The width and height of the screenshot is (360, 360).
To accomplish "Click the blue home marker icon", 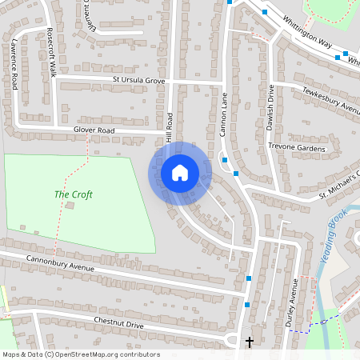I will tap(180, 173).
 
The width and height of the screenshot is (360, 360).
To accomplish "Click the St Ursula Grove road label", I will tap(138, 81).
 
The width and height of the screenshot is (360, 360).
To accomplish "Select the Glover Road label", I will tap(94, 130).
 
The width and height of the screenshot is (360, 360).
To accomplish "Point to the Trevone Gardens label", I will tap(297, 148).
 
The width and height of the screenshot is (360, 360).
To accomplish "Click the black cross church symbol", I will tap(249, 342).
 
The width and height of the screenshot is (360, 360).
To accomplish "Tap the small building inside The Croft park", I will tap(69, 206).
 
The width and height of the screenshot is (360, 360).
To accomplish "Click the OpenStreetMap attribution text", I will tap(80, 354).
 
